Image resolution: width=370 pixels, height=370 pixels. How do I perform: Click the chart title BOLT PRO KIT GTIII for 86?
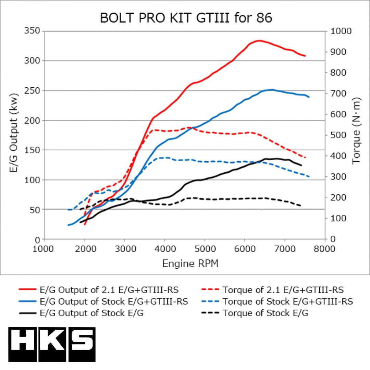(186, 18)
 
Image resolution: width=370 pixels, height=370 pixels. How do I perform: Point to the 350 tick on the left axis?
(33, 31)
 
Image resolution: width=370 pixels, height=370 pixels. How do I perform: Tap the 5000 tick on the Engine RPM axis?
(205, 249)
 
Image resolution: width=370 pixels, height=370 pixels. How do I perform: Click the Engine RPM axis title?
(190, 263)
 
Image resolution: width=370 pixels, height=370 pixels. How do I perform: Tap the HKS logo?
(52, 344)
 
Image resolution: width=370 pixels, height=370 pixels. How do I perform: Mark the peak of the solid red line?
(259, 40)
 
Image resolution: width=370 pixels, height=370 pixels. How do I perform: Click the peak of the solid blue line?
(271, 90)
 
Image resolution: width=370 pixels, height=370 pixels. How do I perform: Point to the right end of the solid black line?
(301, 165)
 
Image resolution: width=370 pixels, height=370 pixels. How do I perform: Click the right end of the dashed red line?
(305, 158)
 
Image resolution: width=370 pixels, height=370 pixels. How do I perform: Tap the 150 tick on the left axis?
(33, 150)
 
